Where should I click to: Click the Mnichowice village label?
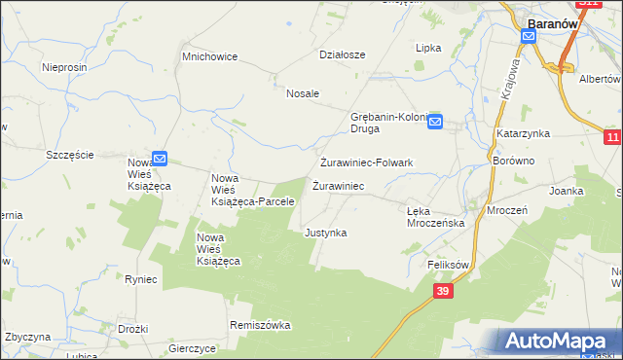(x=210, y=56)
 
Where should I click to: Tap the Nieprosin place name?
(x=65, y=67)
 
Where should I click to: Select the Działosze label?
(x=342, y=54)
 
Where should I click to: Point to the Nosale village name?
(x=303, y=93)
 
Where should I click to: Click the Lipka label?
(x=428, y=48)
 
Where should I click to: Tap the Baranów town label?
(x=553, y=21)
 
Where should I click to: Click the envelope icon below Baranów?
(x=529, y=37)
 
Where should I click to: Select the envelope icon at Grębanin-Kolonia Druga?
(x=435, y=122)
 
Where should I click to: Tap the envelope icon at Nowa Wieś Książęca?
(x=160, y=158)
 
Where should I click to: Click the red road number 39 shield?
(x=443, y=291)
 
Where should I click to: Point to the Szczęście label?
(x=70, y=155)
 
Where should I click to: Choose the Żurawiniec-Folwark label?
(x=368, y=162)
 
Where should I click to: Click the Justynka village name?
(x=325, y=234)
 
